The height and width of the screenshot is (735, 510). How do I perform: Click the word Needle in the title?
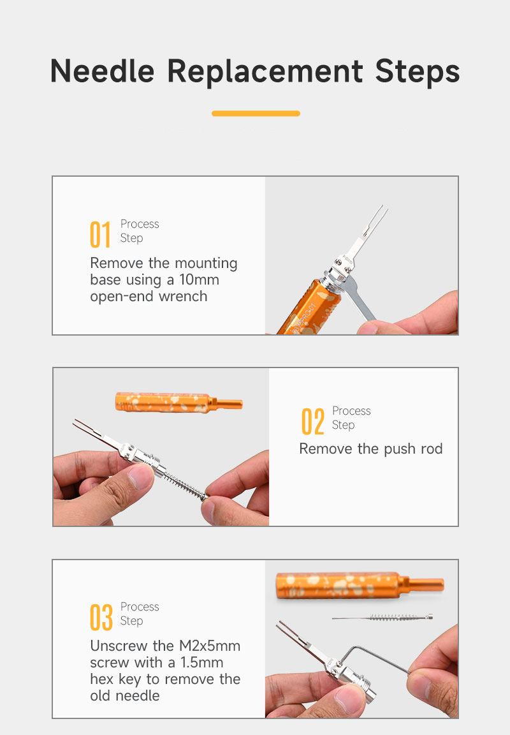pos(102,71)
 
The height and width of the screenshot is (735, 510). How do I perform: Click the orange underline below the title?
pos(256,114)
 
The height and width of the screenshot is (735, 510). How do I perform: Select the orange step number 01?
pos(100,234)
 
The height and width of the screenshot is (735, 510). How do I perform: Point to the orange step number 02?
pos(313,421)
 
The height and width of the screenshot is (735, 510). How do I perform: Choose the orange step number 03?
pos(101,618)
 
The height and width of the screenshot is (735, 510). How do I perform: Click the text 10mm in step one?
pos(199,280)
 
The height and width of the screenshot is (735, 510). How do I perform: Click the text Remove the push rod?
pos(371,449)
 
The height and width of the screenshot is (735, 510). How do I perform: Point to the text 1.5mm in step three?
pos(202,663)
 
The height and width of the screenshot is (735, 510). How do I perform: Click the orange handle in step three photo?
pos(360,586)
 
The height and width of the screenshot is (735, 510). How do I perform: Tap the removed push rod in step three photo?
pos(382,618)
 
